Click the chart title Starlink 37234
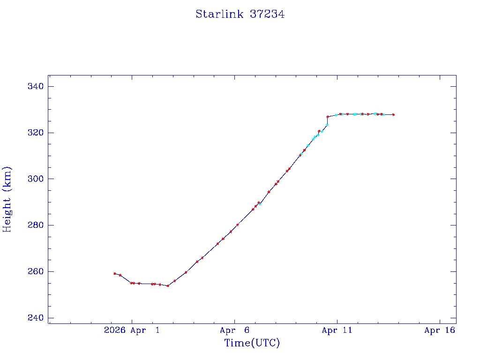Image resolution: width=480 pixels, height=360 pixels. click(240, 14)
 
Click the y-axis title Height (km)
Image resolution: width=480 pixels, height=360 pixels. click(7, 199)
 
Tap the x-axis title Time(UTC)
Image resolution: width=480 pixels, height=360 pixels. click(252, 343)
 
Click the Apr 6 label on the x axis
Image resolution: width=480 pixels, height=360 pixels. click(234, 330)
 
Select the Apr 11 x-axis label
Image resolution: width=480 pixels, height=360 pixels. click(337, 330)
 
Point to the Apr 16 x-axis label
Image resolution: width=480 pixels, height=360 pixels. click(440, 330)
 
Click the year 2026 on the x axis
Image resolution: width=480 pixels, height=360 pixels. click(114, 330)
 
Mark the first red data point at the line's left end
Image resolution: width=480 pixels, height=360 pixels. click(114, 273)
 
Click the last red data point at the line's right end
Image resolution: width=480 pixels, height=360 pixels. click(393, 114)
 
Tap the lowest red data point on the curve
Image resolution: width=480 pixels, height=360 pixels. click(168, 285)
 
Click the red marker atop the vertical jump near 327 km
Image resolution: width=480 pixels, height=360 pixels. click(327, 117)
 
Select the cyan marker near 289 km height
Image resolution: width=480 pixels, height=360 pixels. click(260, 204)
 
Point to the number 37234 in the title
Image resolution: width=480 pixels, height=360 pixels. click(267, 14)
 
